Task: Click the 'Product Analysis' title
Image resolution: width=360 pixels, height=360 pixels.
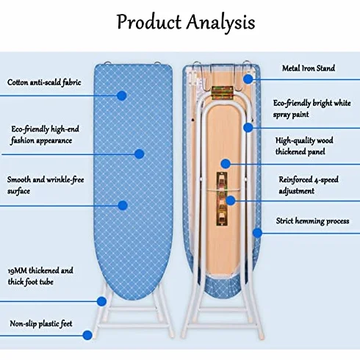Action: [x=186, y=23]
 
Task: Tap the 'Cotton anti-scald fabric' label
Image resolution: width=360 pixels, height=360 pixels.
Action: [x=44, y=82]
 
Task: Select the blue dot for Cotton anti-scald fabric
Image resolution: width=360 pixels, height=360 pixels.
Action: [x=121, y=96]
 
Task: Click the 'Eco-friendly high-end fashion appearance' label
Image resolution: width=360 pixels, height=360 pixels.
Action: [x=45, y=134]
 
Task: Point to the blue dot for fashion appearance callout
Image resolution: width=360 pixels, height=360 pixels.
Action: [x=139, y=154]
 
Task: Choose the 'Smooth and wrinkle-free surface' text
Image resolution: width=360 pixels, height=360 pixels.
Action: [x=46, y=185]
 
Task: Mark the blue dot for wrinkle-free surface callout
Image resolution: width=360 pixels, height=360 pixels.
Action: [x=123, y=205]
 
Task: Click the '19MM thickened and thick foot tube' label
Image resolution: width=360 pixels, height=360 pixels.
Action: [x=40, y=276]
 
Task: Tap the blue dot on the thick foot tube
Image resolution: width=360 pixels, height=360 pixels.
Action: [x=101, y=301]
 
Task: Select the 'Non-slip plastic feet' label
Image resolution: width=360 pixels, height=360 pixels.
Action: [x=41, y=323]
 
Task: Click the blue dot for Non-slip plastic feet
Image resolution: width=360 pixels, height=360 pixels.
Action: [x=87, y=335]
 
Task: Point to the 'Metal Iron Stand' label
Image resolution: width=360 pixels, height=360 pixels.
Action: [x=309, y=68]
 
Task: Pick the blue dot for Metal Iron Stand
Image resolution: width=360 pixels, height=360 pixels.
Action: [x=248, y=79]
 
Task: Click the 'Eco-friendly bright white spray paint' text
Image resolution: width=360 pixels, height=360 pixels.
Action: [x=312, y=109]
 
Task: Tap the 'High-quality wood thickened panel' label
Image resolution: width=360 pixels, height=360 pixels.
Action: [x=304, y=146]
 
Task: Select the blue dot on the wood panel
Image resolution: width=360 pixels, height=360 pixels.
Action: [x=226, y=164]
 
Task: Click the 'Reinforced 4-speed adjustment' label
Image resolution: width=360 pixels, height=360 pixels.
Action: [x=309, y=185]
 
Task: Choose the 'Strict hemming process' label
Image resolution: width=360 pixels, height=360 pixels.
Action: [x=312, y=221]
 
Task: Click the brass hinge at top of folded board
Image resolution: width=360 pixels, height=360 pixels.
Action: [x=222, y=93]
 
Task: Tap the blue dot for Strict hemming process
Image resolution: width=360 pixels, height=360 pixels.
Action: [x=257, y=233]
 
